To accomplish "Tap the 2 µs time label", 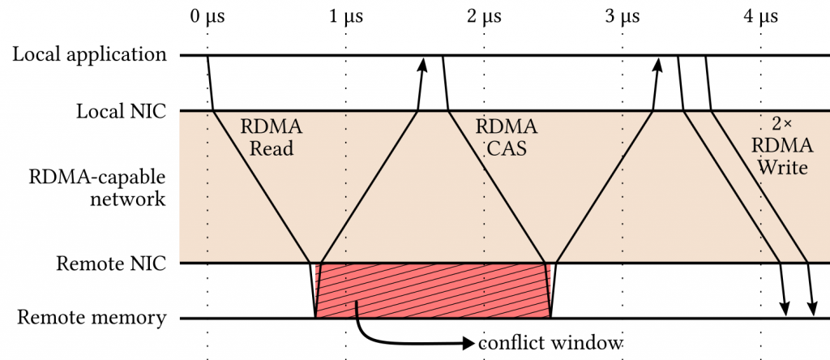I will pos(484,16).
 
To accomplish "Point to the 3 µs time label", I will pos(622,16).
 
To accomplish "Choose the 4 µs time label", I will pos(760,16).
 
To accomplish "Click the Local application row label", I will pos(89,55).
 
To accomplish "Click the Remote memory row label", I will pos(92,318).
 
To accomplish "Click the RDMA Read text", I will pos(272,138).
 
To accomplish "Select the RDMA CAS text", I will pos(506,138).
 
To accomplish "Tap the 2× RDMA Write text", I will pos(781,146).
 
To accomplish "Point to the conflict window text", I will pos(550,342).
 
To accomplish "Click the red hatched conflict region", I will pos(434,290).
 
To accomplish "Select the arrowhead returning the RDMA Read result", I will pos(422,64).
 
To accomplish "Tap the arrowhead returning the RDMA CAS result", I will pos(659,64).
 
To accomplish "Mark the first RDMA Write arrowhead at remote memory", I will pos(785,309).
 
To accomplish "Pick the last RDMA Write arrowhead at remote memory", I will pos(813,309).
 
